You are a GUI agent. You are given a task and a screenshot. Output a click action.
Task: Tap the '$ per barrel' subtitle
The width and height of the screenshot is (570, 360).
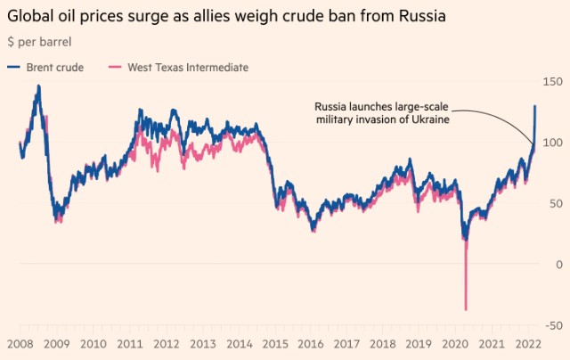click(40, 43)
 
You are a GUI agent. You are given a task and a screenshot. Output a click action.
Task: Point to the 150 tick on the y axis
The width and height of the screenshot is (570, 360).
click(553, 82)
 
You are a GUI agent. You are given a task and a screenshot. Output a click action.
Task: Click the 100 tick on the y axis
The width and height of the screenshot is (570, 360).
click(553, 143)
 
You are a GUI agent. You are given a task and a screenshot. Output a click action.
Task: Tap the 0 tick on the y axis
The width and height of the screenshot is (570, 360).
click(558, 264)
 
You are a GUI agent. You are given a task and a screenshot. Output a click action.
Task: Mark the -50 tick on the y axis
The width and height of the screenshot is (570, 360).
click(553, 325)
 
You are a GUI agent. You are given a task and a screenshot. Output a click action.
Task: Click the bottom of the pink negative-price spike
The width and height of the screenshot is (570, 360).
click(466, 309)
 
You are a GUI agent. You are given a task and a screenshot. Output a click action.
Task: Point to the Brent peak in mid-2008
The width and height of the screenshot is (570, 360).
click(38, 86)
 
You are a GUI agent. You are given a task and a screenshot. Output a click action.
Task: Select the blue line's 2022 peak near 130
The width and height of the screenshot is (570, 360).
click(534, 106)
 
